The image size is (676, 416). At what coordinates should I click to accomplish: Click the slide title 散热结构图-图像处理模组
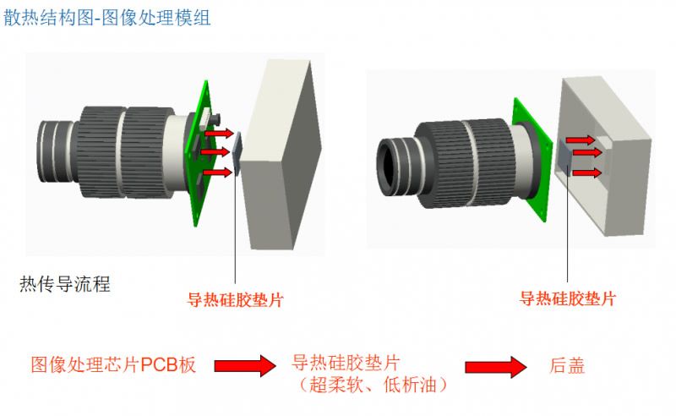click(107, 18)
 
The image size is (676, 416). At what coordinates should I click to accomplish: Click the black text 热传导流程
click(65, 284)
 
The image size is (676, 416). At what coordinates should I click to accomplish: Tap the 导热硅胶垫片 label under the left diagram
click(235, 299)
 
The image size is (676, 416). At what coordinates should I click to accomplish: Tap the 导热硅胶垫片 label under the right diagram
click(568, 298)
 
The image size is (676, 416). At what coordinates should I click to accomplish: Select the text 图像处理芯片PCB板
click(113, 364)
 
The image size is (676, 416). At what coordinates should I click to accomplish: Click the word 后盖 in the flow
click(567, 365)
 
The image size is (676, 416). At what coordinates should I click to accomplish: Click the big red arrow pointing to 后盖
click(496, 367)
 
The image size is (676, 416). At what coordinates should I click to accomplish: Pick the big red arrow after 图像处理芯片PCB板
click(245, 366)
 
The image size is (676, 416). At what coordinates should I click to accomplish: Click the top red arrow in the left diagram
click(219, 134)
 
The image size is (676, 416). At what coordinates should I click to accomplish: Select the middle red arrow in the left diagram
click(215, 152)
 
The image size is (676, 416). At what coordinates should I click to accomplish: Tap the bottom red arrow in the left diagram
click(217, 172)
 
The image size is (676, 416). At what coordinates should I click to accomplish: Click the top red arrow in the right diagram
click(581, 140)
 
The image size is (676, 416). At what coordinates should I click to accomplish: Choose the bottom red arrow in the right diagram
click(586, 173)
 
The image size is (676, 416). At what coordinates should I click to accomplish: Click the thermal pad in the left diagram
click(237, 153)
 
